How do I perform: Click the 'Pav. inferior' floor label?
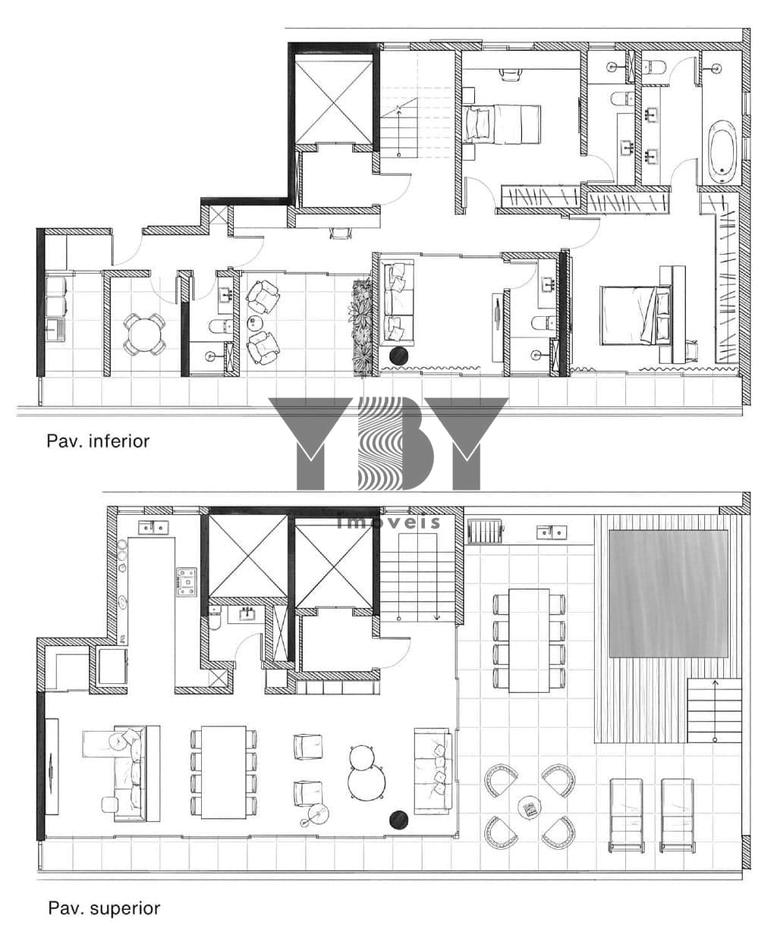98,442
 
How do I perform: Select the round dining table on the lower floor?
143,333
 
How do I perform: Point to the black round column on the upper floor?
398,820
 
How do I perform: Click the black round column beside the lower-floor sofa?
398,356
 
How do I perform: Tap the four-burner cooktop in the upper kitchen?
187,582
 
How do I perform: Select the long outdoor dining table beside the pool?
529,640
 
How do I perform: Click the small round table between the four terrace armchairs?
530,807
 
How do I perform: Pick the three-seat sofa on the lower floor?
398,304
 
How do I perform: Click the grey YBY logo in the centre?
388,444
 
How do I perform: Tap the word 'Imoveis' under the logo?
388,522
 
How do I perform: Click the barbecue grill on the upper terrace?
486,531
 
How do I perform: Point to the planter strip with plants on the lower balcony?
361,328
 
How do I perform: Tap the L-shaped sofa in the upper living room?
122,773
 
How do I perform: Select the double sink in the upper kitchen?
153,528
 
